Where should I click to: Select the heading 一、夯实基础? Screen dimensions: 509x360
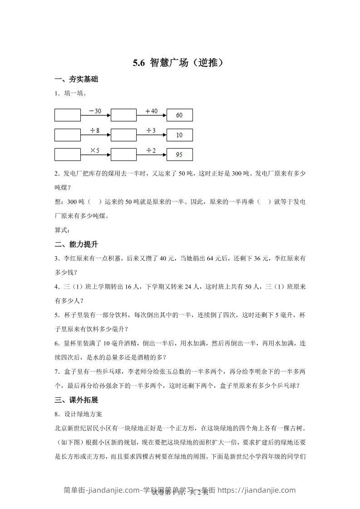[76, 79]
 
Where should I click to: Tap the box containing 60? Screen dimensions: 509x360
[179, 115]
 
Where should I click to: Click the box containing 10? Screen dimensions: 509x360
[179, 135]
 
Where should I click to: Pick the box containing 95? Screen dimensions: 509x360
[179, 155]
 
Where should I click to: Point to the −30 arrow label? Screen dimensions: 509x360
[95, 111]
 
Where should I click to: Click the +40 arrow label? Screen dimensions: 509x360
[151, 111]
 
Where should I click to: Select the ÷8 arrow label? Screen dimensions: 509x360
[95, 131]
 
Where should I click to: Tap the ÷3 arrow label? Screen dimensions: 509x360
[151, 131]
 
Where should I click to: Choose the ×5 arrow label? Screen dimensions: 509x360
[95, 150]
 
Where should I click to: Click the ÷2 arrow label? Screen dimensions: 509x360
[151, 150]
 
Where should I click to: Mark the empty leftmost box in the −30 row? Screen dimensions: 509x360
[68, 115]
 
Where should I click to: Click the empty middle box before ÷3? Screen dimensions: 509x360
[123, 135]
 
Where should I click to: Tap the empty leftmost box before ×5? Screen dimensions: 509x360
[68, 155]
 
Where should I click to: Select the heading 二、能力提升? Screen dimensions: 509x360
[76, 245]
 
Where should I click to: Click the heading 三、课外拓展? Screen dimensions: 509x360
[76, 400]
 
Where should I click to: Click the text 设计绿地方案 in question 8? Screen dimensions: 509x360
[84, 414]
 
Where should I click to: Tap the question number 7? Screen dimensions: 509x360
[56, 372]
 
